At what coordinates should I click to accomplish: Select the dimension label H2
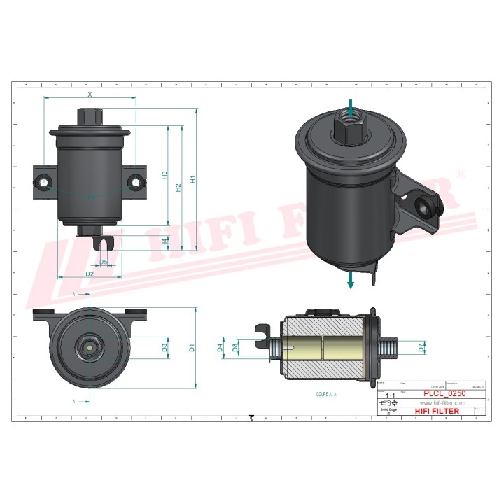point(178,188)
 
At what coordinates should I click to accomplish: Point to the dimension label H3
point(164,176)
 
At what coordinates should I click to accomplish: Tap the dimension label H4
point(164,242)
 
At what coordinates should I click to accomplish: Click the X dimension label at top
point(90,93)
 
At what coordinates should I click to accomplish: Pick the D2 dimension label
point(90,274)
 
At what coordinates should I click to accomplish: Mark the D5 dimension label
point(104,262)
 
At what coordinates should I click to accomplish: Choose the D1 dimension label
point(193,347)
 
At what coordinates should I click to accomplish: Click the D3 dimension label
point(164,347)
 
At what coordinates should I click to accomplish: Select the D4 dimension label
point(220,346)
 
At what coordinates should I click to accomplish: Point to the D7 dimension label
point(421,346)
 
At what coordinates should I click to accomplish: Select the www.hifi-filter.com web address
point(442,404)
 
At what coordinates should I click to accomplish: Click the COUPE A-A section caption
point(326,395)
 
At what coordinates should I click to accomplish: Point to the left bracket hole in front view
point(45,182)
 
